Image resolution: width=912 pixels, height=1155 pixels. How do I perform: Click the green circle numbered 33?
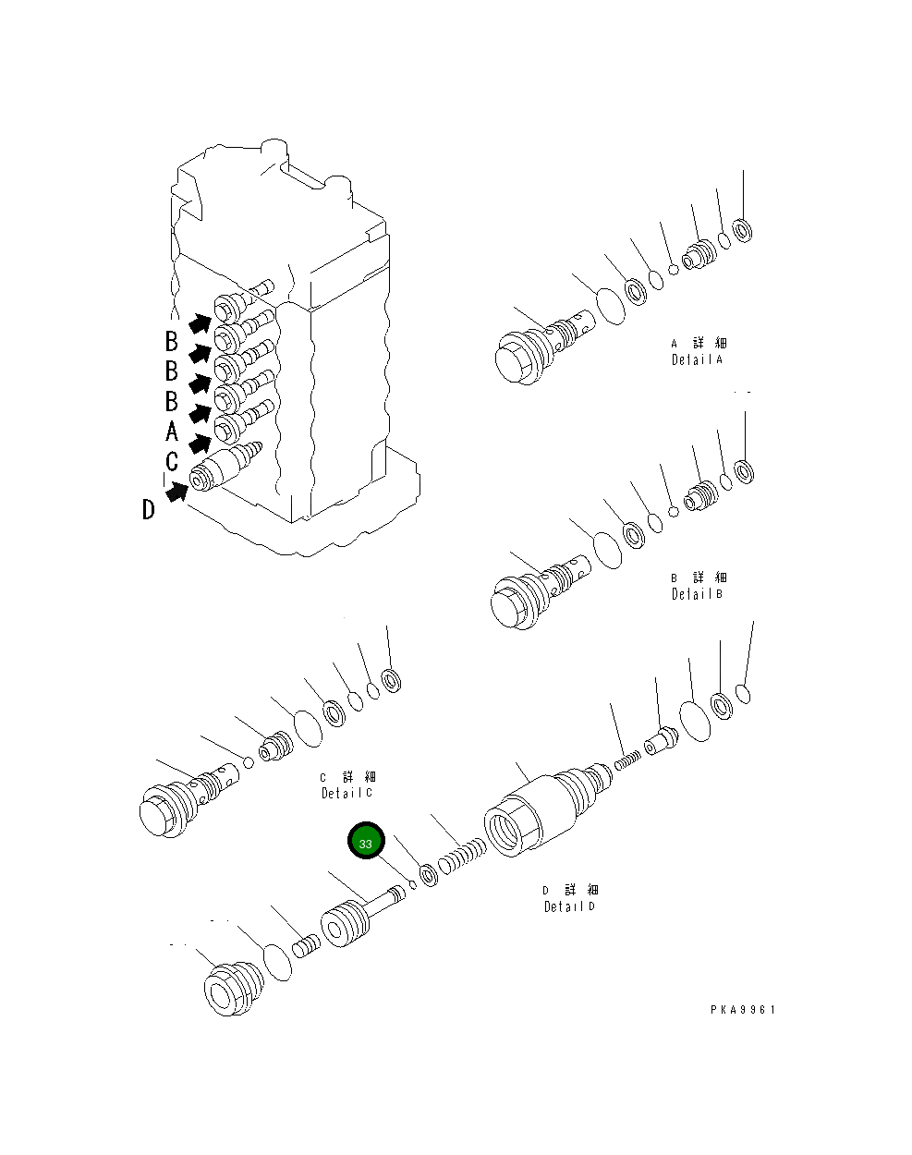pyautogui.click(x=365, y=843)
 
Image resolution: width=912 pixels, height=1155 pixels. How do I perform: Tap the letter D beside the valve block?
pyautogui.click(x=148, y=509)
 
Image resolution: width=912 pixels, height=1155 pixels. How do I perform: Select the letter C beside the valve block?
pyautogui.click(x=172, y=461)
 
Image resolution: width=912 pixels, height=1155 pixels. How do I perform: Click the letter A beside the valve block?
pyautogui.click(x=172, y=431)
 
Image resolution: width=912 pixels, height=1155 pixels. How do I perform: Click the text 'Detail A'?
pyautogui.click(x=697, y=360)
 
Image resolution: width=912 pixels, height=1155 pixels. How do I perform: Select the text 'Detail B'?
pyautogui.click(x=697, y=594)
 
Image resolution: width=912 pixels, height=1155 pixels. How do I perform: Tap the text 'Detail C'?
pyautogui.click(x=347, y=793)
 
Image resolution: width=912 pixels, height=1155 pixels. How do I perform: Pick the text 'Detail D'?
pyautogui.click(x=569, y=906)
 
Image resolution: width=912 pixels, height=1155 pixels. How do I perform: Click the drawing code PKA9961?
pyautogui.click(x=743, y=1010)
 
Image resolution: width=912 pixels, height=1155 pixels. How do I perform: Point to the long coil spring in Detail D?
pyautogui.click(x=461, y=856)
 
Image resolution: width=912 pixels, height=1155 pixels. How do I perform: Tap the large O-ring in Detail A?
pyautogui.click(x=610, y=306)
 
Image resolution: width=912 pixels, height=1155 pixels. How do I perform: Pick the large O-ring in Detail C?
pyautogui.click(x=307, y=727)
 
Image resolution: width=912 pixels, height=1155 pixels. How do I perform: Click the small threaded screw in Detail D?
pyautogui.click(x=626, y=760)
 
